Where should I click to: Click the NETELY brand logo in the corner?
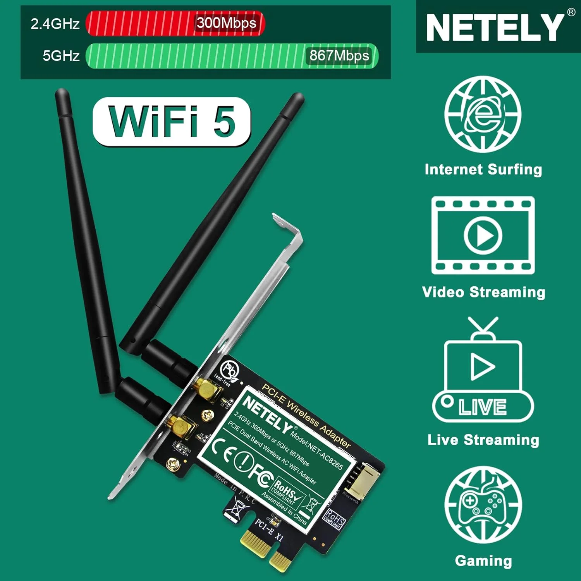[495, 27]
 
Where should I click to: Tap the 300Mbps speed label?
[227, 23]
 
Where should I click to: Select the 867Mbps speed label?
[339, 56]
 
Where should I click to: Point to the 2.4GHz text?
[55, 24]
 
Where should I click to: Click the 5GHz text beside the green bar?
[61, 56]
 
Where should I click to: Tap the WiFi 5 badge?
[172, 122]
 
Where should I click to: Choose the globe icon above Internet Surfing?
[483, 114]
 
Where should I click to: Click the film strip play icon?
[483, 235]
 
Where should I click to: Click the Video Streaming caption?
[483, 292]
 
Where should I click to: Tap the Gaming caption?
[483, 560]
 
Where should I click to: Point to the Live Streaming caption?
[483, 440]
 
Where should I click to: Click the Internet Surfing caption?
[483, 170]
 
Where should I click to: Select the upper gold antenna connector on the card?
[207, 389]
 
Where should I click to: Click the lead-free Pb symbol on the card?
[229, 370]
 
